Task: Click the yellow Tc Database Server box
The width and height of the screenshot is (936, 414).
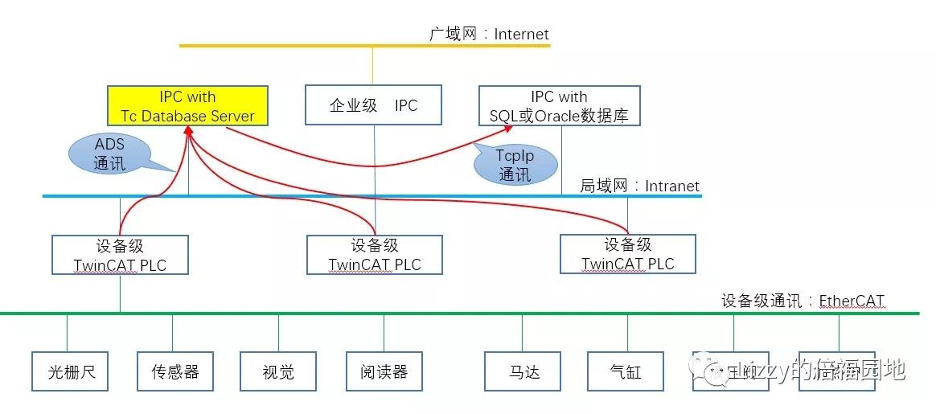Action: (187, 106)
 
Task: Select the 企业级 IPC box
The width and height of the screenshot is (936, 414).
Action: (374, 105)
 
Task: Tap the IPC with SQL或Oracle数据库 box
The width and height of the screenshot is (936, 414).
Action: (559, 106)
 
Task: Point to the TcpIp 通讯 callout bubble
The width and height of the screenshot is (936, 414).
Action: (515, 165)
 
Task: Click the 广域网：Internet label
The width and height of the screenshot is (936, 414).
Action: (489, 34)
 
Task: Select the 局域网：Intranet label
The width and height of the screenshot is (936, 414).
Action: (639, 186)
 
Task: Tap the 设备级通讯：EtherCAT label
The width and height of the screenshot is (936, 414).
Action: (802, 301)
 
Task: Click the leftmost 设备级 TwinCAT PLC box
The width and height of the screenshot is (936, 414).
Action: (120, 255)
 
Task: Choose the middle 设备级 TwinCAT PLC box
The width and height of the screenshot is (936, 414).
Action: (375, 255)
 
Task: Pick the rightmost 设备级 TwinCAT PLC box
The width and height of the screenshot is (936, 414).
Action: (627, 254)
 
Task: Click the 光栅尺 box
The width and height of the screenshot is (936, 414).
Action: (69, 371)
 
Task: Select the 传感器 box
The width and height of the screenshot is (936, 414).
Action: (174, 371)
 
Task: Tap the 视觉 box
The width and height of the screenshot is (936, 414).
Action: (278, 371)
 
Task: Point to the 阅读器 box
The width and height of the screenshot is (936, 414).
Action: (384, 371)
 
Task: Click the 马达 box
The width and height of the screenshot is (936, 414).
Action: (522, 371)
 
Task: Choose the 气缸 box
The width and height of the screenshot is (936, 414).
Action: (626, 371)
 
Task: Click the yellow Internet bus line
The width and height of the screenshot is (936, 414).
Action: (281, 46)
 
